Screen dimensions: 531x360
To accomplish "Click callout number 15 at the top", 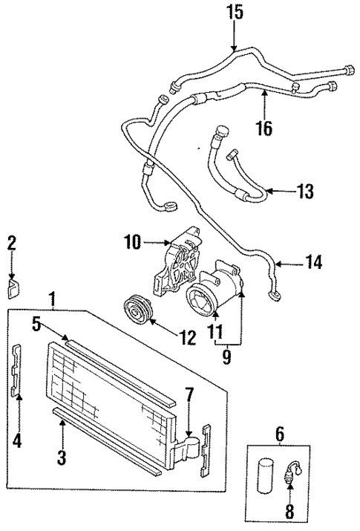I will [x=235, y=13].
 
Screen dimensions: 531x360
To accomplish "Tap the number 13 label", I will [x=304, y=192].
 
